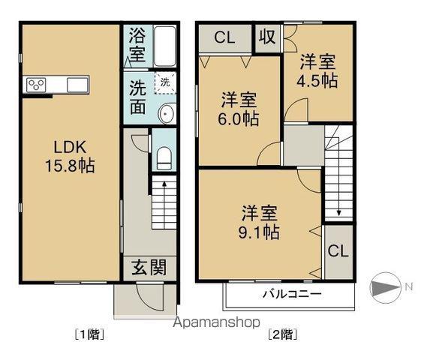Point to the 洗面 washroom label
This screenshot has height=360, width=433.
[x=137, y=97]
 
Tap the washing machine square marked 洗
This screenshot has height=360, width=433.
[x=164, y=82]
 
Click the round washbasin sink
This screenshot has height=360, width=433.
[x=167, y=114]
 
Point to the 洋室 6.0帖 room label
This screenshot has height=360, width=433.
[x=239, y=109]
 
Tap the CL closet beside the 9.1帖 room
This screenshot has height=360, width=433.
[x=338, y=250]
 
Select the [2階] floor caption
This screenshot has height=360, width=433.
[x=280, y=334]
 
